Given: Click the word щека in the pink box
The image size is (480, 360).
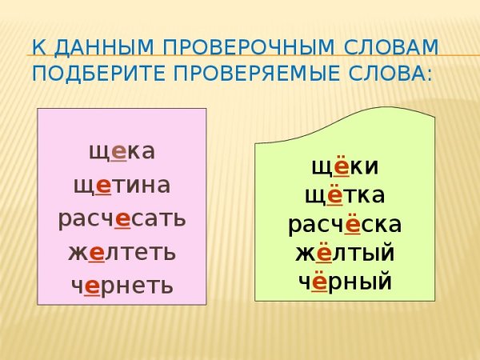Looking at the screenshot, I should click(122, 150).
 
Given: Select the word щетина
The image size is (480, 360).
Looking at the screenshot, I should click(122, 185).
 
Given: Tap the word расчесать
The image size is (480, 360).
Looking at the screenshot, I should click(122, 218).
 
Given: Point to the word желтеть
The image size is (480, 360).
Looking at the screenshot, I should click(122, 252).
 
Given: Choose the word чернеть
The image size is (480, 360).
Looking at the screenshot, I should click(122, 286).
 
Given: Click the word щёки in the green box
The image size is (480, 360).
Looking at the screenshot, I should click(346, 168).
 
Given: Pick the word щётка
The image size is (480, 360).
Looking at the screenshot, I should click(346, 196).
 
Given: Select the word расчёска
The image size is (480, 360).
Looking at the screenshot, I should click(346, 225).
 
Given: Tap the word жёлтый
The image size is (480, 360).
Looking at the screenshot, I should click(346, 254).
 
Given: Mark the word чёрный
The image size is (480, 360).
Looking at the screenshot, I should click(346, 282).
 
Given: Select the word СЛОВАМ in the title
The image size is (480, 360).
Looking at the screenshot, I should click(392, 47).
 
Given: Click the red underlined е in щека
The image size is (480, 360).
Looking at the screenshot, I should click(117, 151).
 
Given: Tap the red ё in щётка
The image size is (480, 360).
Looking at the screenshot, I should click(335, 196).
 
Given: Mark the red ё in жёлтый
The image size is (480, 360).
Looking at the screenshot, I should click(323, 254).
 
